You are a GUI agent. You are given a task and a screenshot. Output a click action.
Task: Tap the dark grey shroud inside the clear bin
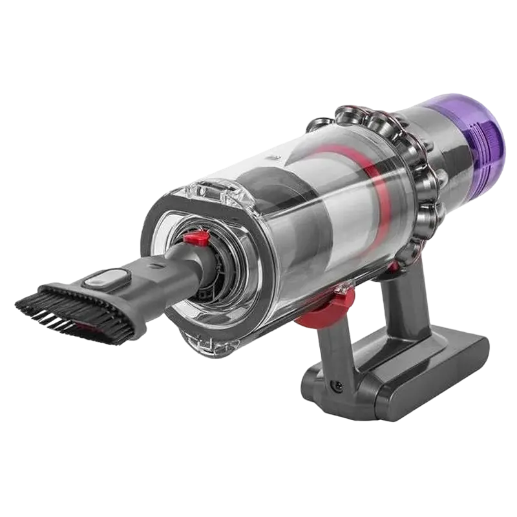(291, 213)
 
